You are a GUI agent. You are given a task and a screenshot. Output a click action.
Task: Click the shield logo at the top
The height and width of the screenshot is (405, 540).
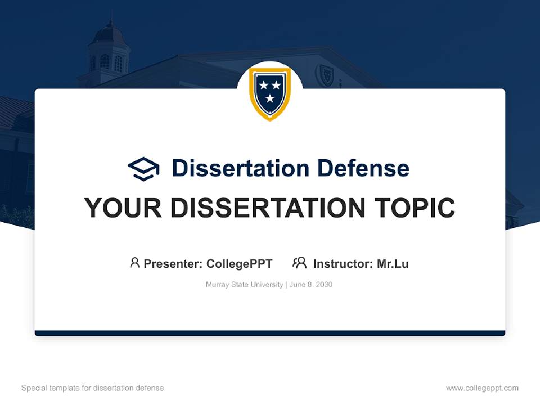(x=270, y=93)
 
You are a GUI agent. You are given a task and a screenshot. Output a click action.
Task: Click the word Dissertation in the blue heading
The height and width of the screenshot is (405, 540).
(x=240, y=168)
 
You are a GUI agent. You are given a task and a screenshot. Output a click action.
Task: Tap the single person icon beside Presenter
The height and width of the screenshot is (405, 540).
(x=134, y=263)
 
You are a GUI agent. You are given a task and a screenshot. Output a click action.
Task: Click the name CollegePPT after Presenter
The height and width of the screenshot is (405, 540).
(x=239, y=264)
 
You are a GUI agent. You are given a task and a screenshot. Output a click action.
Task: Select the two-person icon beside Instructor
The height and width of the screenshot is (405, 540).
(x=299, y=263)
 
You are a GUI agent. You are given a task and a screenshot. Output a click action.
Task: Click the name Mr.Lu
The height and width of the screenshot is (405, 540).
(x=393, y=264)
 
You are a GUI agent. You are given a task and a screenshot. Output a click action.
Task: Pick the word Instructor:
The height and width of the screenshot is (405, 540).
(x=343, y=264)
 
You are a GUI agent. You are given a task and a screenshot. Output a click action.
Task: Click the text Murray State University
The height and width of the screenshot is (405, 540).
(x=245, y=285)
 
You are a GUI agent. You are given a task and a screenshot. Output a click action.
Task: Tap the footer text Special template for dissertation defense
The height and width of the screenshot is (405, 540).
(x=93, y=388)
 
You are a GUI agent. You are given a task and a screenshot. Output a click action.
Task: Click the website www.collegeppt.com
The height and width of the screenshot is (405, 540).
(x=482, y=388)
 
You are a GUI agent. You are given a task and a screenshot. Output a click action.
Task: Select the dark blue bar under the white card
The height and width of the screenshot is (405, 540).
(x=270, y=333)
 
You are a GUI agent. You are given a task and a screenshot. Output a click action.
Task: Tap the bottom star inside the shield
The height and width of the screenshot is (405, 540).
(x=270, y=99)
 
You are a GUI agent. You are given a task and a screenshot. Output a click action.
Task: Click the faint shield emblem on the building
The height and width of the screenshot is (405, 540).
(x=325, y=75)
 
